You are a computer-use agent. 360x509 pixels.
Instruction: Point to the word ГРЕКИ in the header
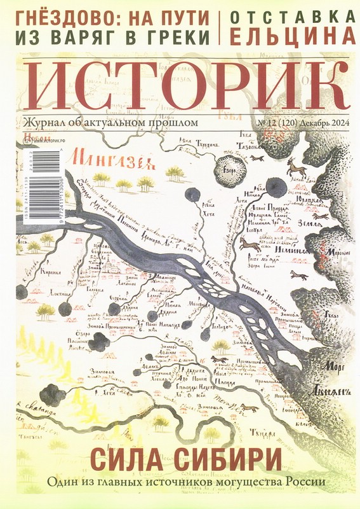click(x=178, y=36)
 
